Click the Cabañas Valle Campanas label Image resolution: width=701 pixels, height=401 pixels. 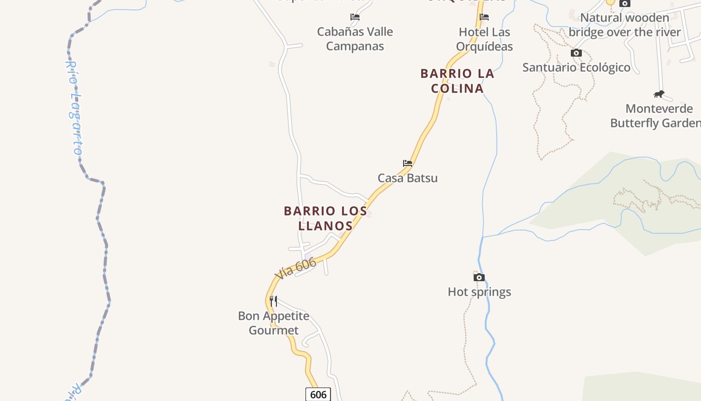[355, 39]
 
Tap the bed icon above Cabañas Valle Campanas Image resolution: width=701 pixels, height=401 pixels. [355, 17]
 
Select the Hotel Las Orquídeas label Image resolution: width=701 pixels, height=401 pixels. [484, 39]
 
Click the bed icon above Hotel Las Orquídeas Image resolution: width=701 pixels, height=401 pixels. [484, 17]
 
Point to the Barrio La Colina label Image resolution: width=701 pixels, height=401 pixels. [457, 81]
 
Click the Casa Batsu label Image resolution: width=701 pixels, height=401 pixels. [408, 178]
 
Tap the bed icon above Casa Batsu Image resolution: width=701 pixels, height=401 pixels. [408, 163]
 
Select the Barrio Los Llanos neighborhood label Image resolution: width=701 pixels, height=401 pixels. [325, 218]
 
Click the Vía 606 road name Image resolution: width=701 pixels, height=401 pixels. [295, 269]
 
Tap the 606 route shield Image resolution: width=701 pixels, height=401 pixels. [318, 394]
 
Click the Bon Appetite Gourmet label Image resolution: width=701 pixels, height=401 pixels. [273, 323]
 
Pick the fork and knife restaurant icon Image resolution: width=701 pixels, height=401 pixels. [273, 301]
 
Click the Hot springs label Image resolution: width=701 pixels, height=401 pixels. [479, 292]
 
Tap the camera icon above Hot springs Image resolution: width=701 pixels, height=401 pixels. [479, 277]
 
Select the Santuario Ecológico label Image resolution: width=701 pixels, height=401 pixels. [576, 67]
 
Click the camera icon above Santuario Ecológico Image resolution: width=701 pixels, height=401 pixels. [576, 53]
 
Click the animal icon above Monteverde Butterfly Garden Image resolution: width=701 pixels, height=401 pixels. [659, 94]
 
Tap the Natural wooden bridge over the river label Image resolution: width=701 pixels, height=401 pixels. [624, 25]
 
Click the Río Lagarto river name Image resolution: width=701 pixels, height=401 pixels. [75, 108]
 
